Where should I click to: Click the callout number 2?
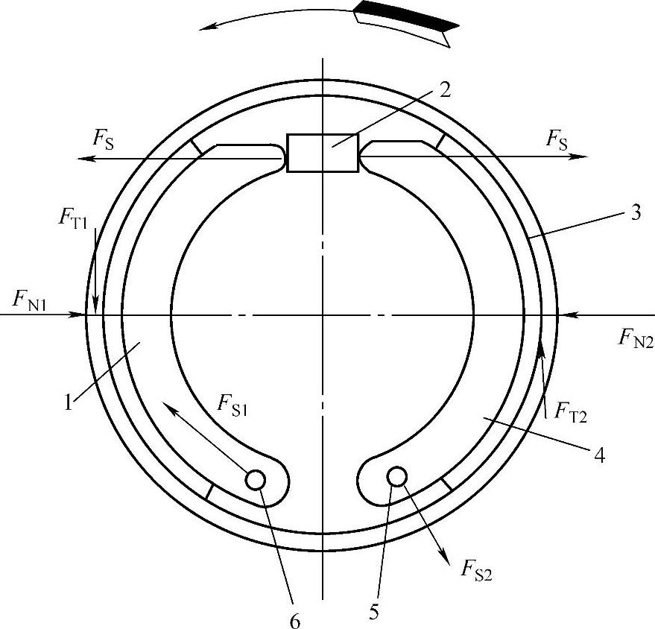446,89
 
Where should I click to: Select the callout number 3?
635,213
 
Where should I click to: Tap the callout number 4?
599,455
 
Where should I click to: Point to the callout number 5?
373,613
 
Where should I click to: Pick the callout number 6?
295,622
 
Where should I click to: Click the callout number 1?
69,402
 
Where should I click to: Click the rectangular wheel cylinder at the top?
322,153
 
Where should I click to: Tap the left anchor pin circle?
256,479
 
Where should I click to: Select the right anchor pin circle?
397,476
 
